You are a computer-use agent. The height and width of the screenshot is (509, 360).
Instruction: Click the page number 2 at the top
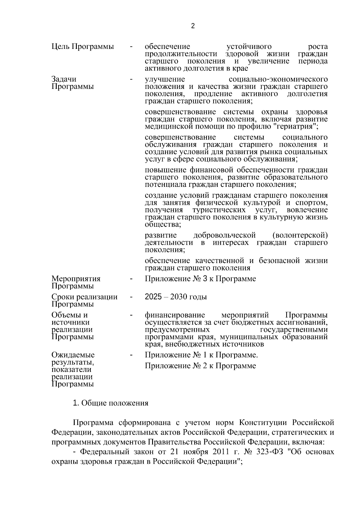pyautogui.click(x=193, y=26)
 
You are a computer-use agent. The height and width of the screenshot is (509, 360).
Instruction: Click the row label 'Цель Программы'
pyautogui.click(x=83, y=47)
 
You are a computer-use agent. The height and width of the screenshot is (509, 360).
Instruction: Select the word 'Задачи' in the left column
pyautogui.click(x=64, y=79)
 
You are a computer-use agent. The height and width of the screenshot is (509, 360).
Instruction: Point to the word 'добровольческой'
pyautogui.click(x=225, y=235)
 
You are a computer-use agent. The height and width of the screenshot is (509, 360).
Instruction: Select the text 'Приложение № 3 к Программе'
pyautogui.click(x=200, y=279)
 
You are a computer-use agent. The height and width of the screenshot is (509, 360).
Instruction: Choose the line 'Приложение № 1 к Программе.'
pyautogui.click(x=201, y=355)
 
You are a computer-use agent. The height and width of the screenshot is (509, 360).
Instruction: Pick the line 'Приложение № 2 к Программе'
pyautogui.click(x=200, y=366)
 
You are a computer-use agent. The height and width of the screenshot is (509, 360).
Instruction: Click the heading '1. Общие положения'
pyautogui.click(x=111, y=403)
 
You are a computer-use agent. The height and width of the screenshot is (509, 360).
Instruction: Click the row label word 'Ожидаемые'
pyautogui.click(x=73, y=355)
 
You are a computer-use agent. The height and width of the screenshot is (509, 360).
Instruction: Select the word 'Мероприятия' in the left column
pyautogui.click(x=76, y=279)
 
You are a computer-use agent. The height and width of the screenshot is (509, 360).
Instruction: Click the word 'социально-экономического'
pyautogui.click(x=278, y=79)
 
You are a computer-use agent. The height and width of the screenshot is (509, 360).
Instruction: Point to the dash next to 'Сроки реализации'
pyautogui.click(x=131, y=297)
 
